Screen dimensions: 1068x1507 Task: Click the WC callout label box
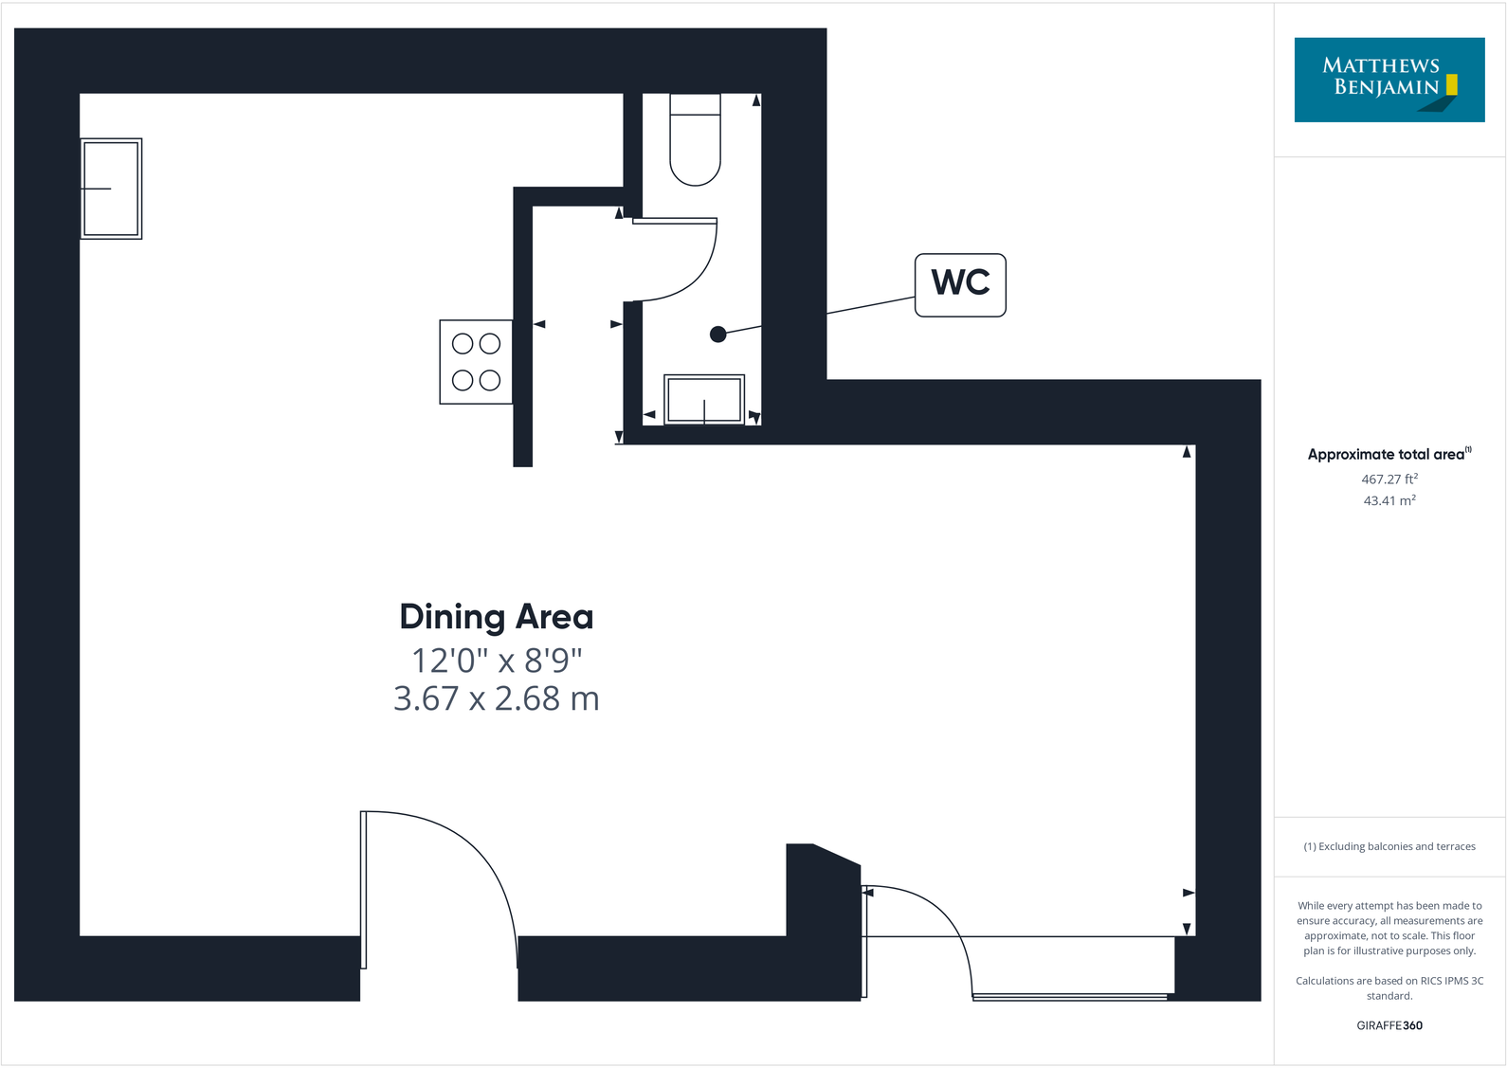(x=960, y=284)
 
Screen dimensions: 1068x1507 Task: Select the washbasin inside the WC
(x=703, y=399)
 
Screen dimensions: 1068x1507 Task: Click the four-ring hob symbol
(x=476, y=362)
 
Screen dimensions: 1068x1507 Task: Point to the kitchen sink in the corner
(x=111, y=189)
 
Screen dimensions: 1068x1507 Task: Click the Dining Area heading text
(x=496, y=617)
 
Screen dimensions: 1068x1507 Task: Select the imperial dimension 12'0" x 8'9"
(x=496, y=660)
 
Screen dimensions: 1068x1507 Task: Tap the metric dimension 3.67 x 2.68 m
(x=496, y=699)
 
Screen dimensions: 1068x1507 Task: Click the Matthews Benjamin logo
(x=1389, y=80)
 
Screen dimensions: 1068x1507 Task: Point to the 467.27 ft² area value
(x=1389, y=480)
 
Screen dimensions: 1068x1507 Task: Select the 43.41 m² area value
(x=1389, y=500)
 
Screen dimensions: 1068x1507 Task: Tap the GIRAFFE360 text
(x=1389, y=1025)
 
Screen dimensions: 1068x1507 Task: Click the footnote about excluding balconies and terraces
(x=1389, y=846)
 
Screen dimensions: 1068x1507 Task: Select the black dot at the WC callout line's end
(x=718, y=334)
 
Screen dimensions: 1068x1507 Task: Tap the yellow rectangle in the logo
(x=1451, y=85)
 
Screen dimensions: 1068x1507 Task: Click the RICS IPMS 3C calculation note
(x=1389, y=988)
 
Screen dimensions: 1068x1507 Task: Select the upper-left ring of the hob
(x=463, y=343)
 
